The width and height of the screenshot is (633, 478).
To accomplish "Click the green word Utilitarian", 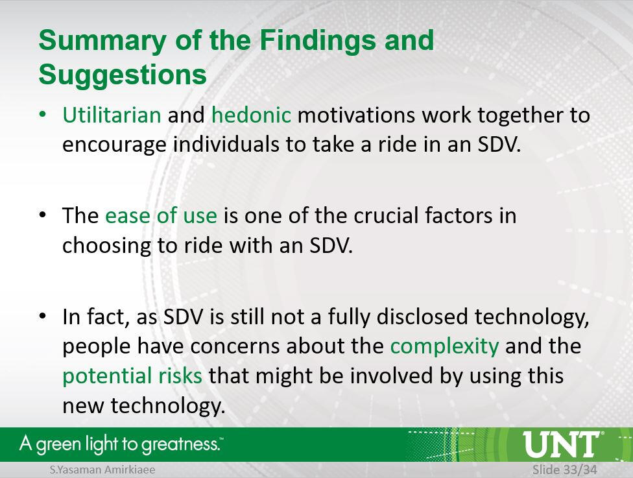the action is [112, 115].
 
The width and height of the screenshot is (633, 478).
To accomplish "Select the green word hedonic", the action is [251, 115].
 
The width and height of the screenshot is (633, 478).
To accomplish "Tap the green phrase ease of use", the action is [161, 215].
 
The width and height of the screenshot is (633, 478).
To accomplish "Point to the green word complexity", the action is [444, 346].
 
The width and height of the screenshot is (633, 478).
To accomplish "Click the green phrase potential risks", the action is [132, 376].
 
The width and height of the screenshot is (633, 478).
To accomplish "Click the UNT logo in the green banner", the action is [562, 444].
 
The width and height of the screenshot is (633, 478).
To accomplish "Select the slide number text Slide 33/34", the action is [564, 470].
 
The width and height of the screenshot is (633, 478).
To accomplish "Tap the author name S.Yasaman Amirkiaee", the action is [102, 470].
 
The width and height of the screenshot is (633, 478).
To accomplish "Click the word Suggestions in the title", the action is [123, 75].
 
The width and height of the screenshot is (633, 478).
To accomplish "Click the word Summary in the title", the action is [102, 42].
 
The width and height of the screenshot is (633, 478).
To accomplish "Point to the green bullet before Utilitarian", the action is [43, 114].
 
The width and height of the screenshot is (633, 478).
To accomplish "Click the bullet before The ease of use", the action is [43, 215].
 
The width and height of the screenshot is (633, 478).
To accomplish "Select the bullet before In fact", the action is [43, 316].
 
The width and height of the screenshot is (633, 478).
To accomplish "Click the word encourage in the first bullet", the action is [114, 145].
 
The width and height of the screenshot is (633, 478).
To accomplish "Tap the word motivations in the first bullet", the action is [356, 115].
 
